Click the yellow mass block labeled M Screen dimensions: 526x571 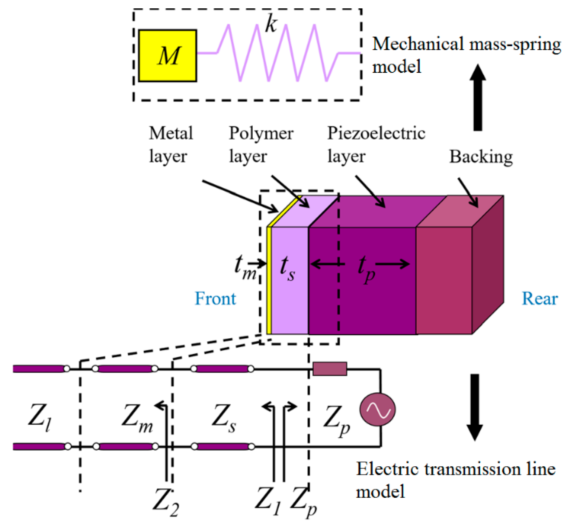[168, 56]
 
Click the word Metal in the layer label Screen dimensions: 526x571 [171, 133]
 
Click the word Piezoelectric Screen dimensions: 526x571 [376, 134]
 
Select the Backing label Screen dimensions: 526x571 [481, 157]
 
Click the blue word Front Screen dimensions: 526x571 [215, 298]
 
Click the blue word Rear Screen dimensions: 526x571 [540, 298]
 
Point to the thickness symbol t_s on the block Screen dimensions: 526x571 [287, 268]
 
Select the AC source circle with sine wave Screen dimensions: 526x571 [377, 409]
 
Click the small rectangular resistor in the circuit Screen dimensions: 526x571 [330, 369]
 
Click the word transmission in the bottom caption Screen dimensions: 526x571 [472, 470]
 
